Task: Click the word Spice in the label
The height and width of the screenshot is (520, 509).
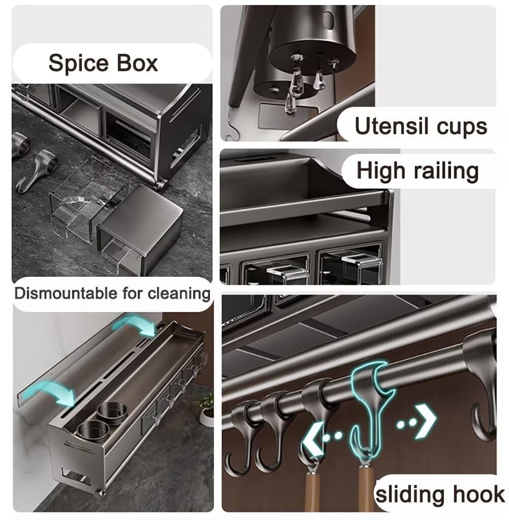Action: coord(79,63)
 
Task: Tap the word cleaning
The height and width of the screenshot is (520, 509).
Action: coord(179,294)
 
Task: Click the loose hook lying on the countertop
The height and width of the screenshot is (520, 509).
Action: coord(37,168)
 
